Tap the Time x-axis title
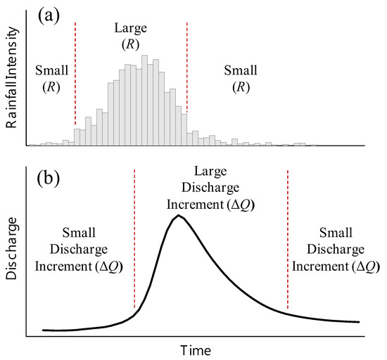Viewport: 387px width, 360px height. tap(194, 349)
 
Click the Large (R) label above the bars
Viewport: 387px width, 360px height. tap(131, 34)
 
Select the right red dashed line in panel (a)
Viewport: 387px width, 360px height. tap(187, 67)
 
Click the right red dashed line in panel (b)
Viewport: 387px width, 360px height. tap(287, 239)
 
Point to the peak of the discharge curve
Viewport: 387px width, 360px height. tap(179, 215)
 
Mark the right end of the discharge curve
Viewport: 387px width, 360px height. tap(359, 322)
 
